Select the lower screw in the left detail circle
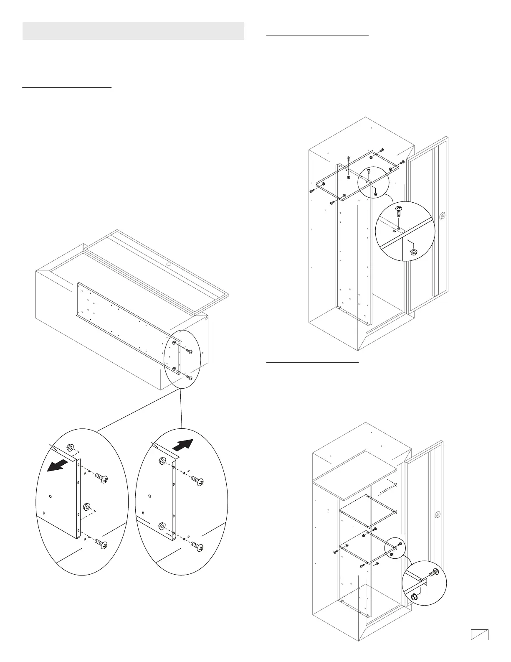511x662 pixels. click(101, 544)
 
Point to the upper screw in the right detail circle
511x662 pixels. click(198, 481)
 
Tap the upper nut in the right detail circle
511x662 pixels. click(162, 461)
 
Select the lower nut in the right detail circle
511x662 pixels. click(162, 526)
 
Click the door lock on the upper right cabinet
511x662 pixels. click(443, 216)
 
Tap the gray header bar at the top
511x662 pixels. click(133, 31)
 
